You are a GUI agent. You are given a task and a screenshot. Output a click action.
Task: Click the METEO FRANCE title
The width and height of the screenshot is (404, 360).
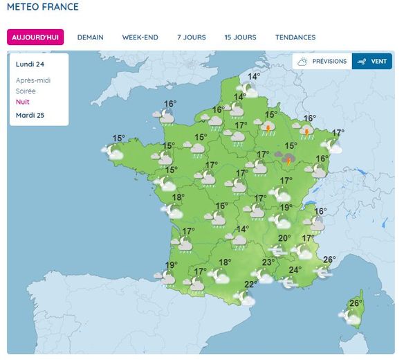tap(43, 8)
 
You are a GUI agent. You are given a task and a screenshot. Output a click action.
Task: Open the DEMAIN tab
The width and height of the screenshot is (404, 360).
tap(90, 37)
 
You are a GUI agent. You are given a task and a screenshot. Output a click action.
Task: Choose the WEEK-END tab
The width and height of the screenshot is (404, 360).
tap(140, 37)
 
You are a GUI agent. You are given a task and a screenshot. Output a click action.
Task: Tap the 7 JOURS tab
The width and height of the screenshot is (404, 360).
tap(191, 37)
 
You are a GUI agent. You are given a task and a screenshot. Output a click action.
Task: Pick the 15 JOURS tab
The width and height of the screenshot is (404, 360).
tap(240, 37)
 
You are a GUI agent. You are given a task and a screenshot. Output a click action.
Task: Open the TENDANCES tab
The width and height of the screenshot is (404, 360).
tap(295, 37)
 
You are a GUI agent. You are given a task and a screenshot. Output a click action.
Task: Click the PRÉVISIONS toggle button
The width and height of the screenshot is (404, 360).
tap(322, 62)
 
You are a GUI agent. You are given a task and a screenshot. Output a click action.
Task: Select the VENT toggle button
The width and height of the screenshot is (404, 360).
tap(372, 62)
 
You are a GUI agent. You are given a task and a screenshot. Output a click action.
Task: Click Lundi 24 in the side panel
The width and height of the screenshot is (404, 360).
tap(30, 64)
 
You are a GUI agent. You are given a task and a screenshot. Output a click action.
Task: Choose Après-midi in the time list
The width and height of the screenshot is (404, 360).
tap(33, 80)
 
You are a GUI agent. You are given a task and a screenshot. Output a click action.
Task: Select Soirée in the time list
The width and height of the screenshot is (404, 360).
tap(26, 91)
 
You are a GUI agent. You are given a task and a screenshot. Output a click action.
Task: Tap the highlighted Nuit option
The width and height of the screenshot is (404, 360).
tap(23, 102)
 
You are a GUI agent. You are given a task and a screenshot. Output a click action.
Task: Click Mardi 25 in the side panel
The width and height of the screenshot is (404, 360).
tap(30, 115)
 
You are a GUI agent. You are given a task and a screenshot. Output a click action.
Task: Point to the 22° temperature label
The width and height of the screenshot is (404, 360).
tap(250, 285)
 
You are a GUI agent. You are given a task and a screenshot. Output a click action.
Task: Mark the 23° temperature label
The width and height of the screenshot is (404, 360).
tap(268, 262)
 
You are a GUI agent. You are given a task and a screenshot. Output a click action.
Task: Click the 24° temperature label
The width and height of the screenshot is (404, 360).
tap(295, 270)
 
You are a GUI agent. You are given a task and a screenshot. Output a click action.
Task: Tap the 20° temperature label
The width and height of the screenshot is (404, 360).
tap(284, 239)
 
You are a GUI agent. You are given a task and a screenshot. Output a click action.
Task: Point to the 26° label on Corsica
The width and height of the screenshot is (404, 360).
tap(356, 303)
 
